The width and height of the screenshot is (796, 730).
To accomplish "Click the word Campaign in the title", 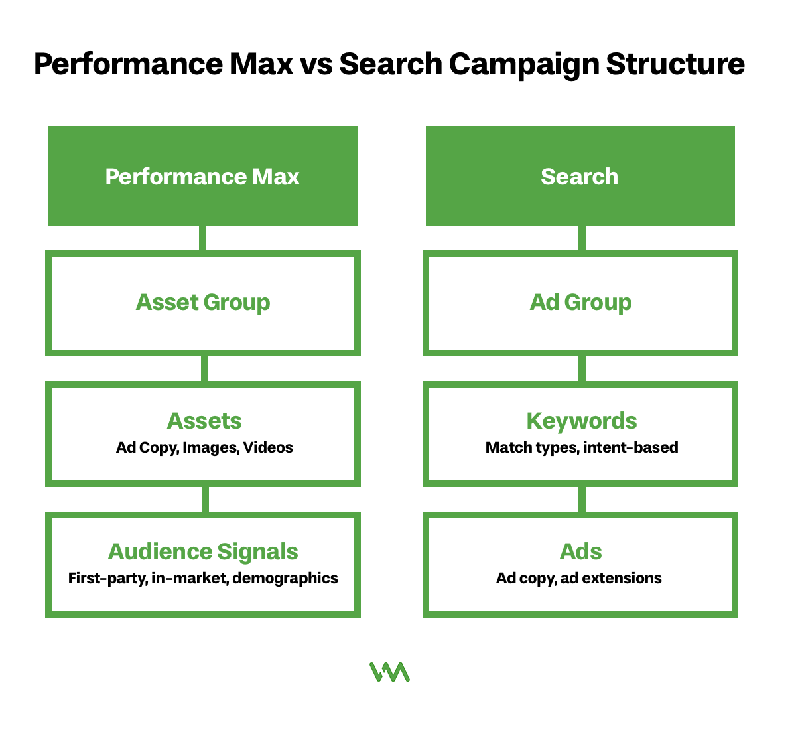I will [523, 64].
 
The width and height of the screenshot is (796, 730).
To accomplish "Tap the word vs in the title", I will [316, 64].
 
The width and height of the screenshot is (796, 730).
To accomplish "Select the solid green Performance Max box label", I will [202, 177].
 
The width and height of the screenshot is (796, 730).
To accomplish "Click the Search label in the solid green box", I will [579, 177].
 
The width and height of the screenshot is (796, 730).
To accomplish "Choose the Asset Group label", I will [203, 302].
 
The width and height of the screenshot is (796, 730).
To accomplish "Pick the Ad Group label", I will [580, 302].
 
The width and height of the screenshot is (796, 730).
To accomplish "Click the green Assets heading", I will [204, 421].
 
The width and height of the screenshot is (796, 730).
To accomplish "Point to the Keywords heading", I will [582, 421].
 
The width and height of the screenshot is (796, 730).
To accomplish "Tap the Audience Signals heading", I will [203, 551].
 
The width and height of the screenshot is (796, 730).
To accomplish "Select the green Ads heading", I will [580, 551].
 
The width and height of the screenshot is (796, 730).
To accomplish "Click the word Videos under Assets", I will [268, 447].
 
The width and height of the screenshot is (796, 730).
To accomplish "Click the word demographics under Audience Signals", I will [285, 578].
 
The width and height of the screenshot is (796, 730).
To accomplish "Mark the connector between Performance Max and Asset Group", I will [202, 238].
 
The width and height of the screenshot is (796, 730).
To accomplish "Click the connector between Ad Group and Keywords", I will [582, 368].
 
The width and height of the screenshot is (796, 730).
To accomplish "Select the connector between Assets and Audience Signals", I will [204, 499].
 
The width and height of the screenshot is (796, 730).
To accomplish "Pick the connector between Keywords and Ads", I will [582, 499].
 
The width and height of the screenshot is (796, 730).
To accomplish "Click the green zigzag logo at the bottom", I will [389, 672].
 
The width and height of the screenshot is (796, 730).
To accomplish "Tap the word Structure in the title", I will [675, 64].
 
